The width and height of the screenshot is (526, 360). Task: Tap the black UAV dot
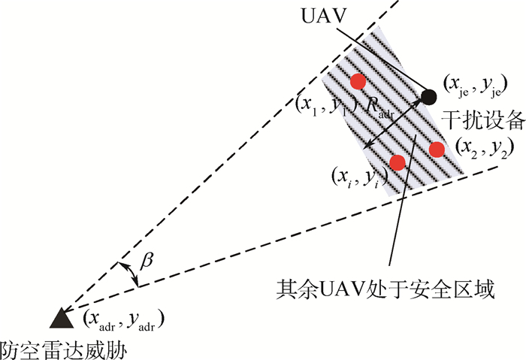pos(429,96)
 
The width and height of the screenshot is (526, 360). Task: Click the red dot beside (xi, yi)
pos(398,162)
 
